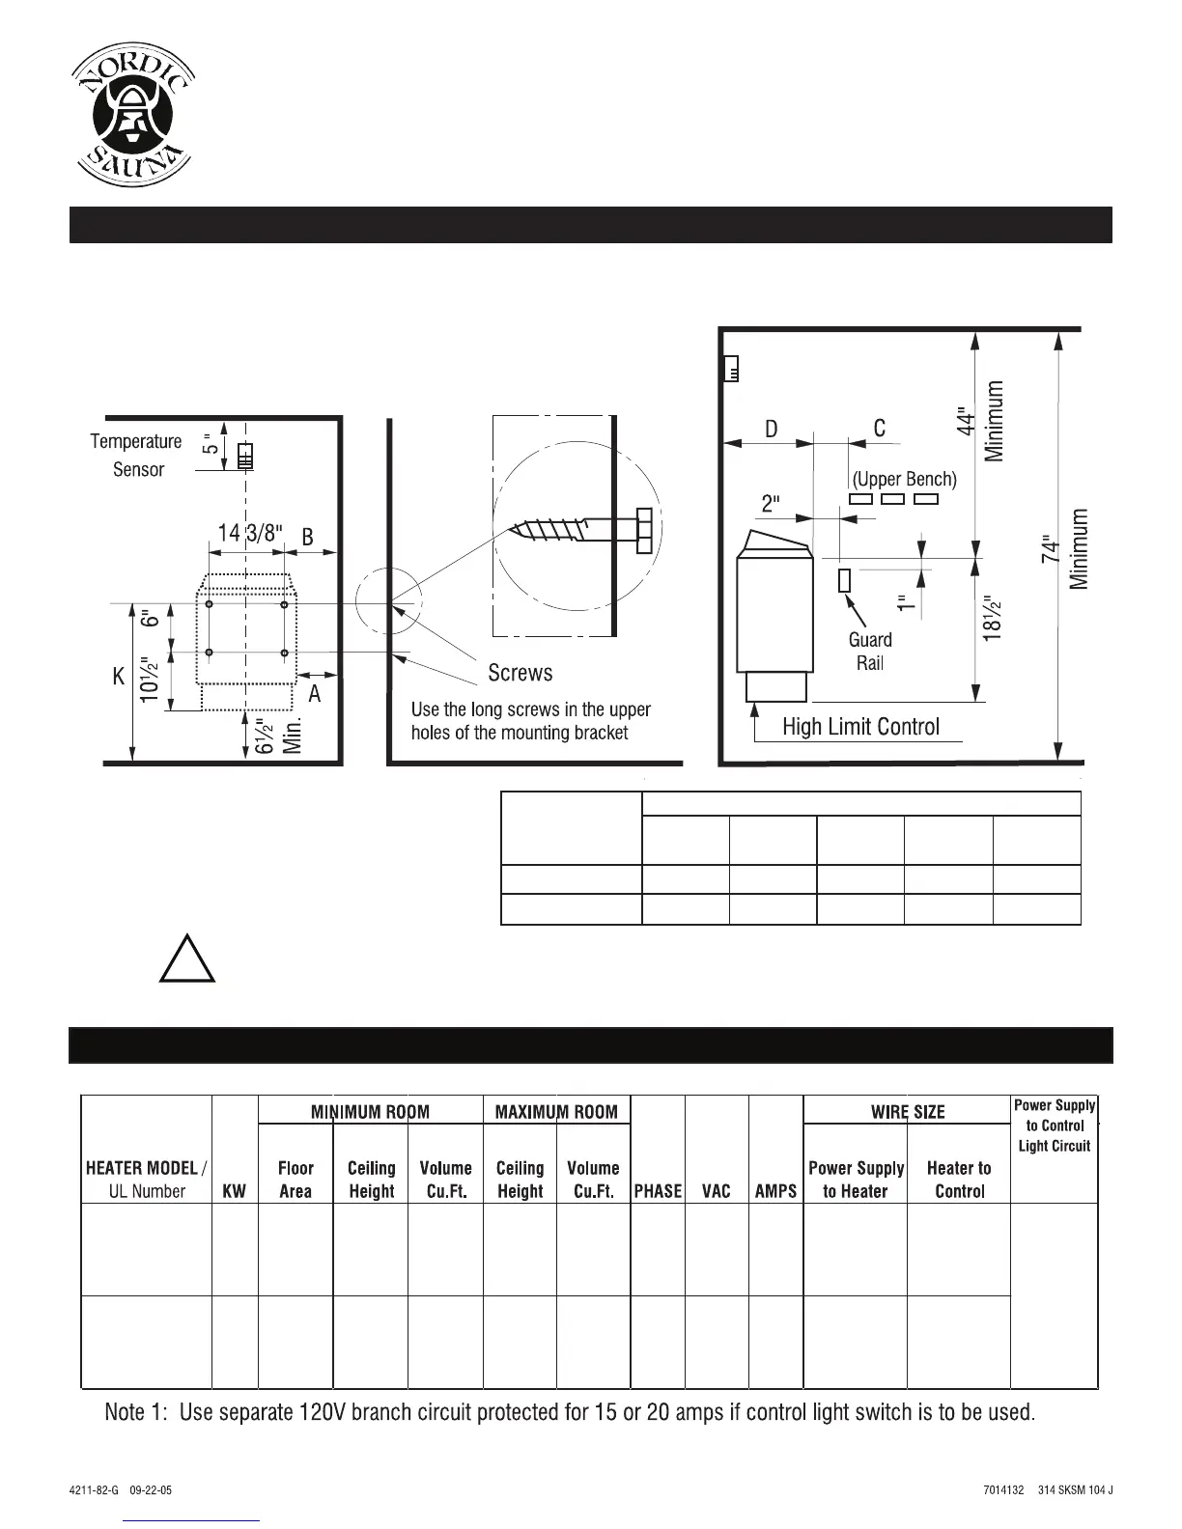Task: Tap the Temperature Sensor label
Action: point(136,455)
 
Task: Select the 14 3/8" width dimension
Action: point(248,534)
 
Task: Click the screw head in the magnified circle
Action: point(644,530)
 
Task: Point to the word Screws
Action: point(521,673)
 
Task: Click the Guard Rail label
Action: point(870,651)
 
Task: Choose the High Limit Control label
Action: point(860,727)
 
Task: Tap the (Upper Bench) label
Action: point(904,479)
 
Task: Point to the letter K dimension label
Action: point(119,678)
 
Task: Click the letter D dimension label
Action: point(772,429)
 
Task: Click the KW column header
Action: point(234,1191)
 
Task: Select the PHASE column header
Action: point(658,1191)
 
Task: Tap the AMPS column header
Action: point(775,1191)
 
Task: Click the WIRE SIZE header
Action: point(907,1112)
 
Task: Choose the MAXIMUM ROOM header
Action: point(556,1112)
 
